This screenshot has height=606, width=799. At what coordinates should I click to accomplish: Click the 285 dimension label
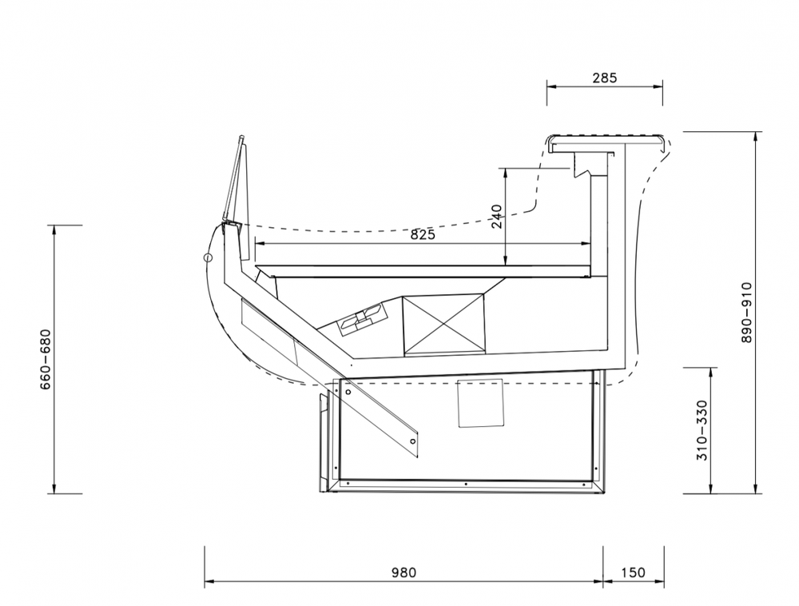pyautogui.click(x=605, y=78)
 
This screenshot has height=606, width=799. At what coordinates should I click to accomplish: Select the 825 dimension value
pyautogui.click(x=423, y=234)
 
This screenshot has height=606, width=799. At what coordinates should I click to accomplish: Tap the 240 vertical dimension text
pyautogui.click(x=497, y=216)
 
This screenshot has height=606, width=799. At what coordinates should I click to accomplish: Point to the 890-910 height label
pyautogui.click(x=746, y=313)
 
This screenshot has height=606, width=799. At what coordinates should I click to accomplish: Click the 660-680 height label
pyautogui.click(x=46, y=359)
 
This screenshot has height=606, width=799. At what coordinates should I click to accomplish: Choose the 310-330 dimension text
pyautogui.click(x=702, y=430)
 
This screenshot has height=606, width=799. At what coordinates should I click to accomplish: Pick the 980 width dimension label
pyautogui.click(x=403, y=572)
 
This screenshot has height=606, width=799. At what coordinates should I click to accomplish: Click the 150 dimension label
pyautogui.click(x=633, y=572)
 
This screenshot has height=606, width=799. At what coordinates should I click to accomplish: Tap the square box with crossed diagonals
pyautogui.click(x=443, y=324)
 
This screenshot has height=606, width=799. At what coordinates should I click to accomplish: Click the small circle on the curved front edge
pyautogui.click(x=208, y=258)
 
